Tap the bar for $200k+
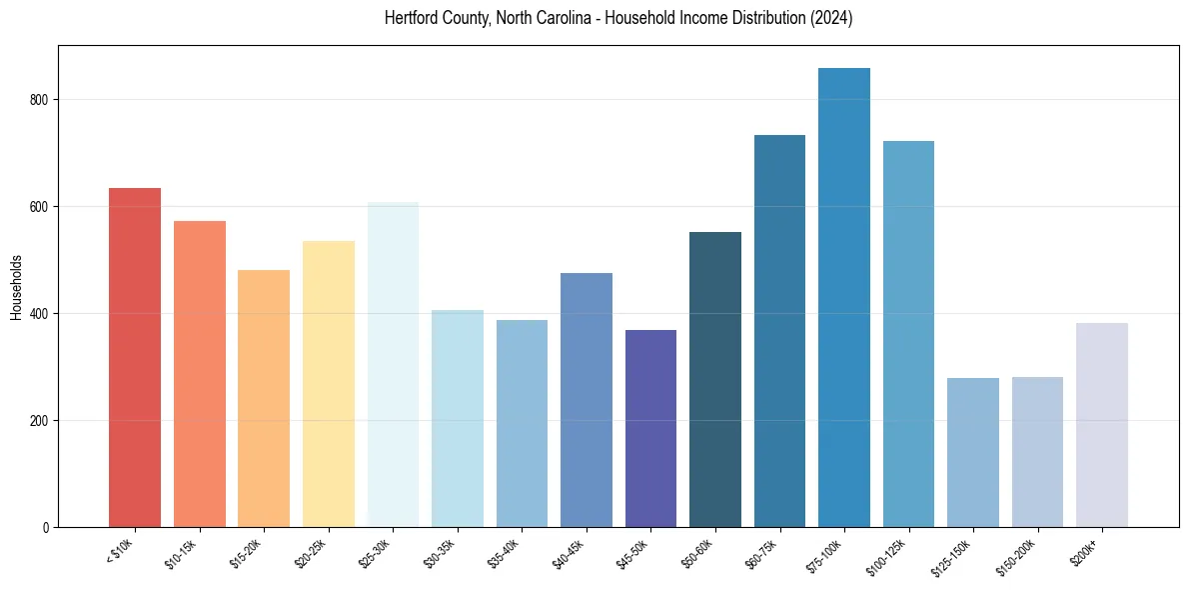point(1102,424)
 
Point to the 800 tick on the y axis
point(38,100)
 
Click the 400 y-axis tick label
point(38,314)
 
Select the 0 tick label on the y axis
point(45,527)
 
